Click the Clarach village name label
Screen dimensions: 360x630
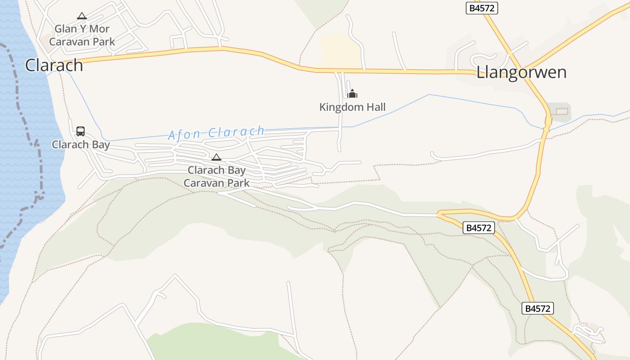click(x=54, y=65)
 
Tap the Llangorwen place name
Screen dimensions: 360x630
click(x=521, y=72)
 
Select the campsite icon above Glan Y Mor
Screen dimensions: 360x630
click(x=81, y=16)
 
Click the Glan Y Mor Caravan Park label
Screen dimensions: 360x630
click(x=82, y=36)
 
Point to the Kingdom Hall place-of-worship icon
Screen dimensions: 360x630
click(x=352, y=94)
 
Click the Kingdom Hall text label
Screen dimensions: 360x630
click(x=352, y=107)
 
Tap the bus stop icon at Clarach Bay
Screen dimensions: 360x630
click(x=81, y=131)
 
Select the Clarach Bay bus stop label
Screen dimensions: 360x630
click(x=81, y=144)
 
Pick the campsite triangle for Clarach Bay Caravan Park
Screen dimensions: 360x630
click(x=216, y=157)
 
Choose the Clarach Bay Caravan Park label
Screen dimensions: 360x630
click(x=216, y=176)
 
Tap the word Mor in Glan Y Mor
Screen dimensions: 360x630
click(x=99, y=29)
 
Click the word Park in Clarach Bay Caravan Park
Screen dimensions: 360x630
click(x=238, y=183)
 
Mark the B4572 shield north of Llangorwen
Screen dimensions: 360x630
click(x=481, y=8)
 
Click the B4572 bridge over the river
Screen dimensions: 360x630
click(x=548, y=121)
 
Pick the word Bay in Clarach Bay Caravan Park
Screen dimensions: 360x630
click(x=236, y=170)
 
